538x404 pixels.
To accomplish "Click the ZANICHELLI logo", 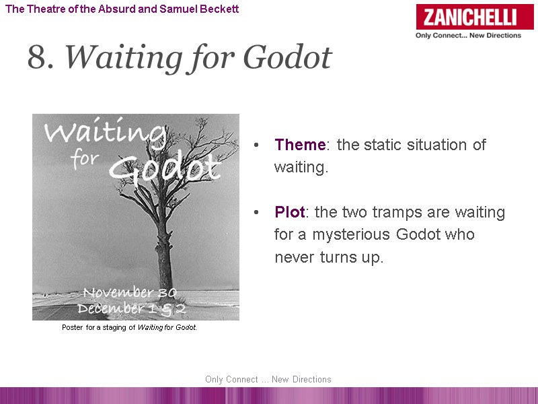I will click(475, 17).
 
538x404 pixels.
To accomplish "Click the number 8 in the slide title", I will click(40, 59).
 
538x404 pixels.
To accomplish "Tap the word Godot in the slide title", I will click(287, 59).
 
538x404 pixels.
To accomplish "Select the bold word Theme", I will click(300, 145).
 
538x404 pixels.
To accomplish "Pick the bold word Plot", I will click(290, 212).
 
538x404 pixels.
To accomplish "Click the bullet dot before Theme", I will click(256, 146).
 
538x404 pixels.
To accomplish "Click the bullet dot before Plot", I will click(256, 213).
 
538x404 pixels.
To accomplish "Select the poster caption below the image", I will click(129, 328).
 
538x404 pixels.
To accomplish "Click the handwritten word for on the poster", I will click(86, 162).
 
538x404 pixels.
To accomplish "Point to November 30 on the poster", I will click(128, 293).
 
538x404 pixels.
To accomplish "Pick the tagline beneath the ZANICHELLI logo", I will click(468, 36).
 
